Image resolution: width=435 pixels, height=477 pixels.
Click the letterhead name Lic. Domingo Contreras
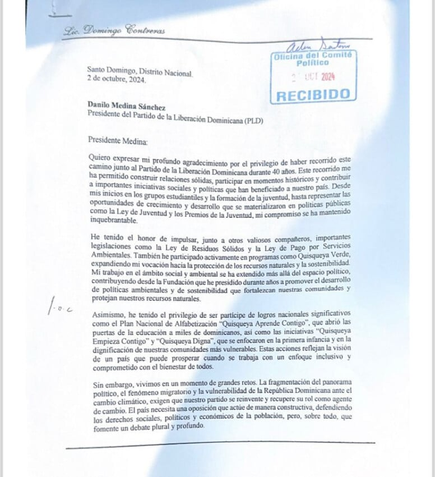tap(115, 31)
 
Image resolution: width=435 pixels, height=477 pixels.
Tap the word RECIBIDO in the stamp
tap(314, 95)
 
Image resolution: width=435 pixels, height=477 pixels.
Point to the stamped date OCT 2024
tap(320, 77)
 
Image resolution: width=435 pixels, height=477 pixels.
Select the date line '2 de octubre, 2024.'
tap(116, 80)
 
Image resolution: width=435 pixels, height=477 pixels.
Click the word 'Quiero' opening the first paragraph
tap(101, 159)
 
